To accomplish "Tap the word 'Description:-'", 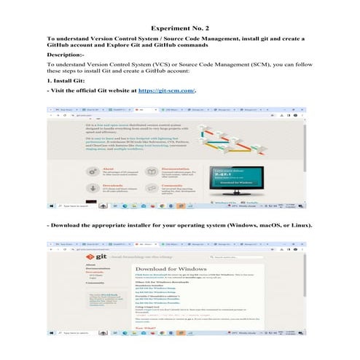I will point(66,54).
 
